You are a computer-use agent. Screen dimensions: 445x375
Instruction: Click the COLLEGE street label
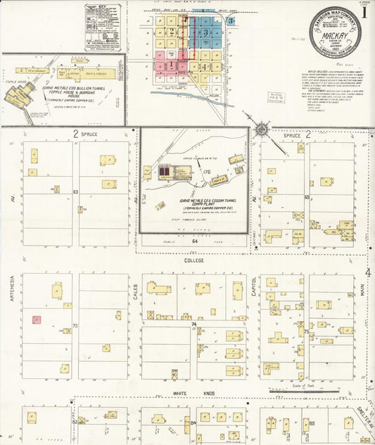pos(193,260)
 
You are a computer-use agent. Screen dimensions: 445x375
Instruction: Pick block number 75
pos(307,330)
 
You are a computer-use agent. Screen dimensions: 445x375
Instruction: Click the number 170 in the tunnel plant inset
pos(207,172)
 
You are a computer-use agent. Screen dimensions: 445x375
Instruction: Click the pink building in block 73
pos(35,320)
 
